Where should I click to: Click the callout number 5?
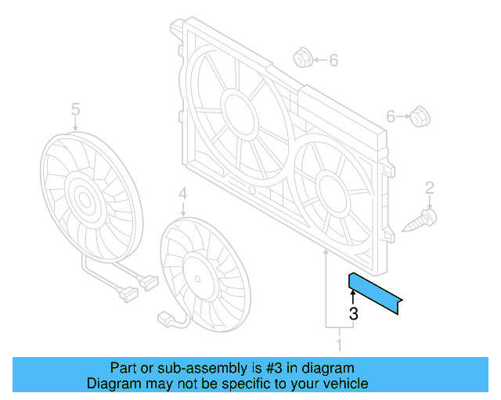click(x=75, y=109)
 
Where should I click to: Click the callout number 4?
click(x=182, y=192)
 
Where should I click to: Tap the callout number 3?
click(x=353, y=314)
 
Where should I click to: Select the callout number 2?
click(x=429, y=187)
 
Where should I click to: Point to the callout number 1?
click(x=339, y=344)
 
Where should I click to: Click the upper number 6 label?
click(x=333, y=59)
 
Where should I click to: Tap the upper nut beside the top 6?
click(x=303, y=59)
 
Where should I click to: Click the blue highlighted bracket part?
click(x=376, y=294)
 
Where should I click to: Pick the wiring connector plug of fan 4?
click(x=166, y=318)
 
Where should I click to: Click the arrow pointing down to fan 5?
click(x=75, y=124)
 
